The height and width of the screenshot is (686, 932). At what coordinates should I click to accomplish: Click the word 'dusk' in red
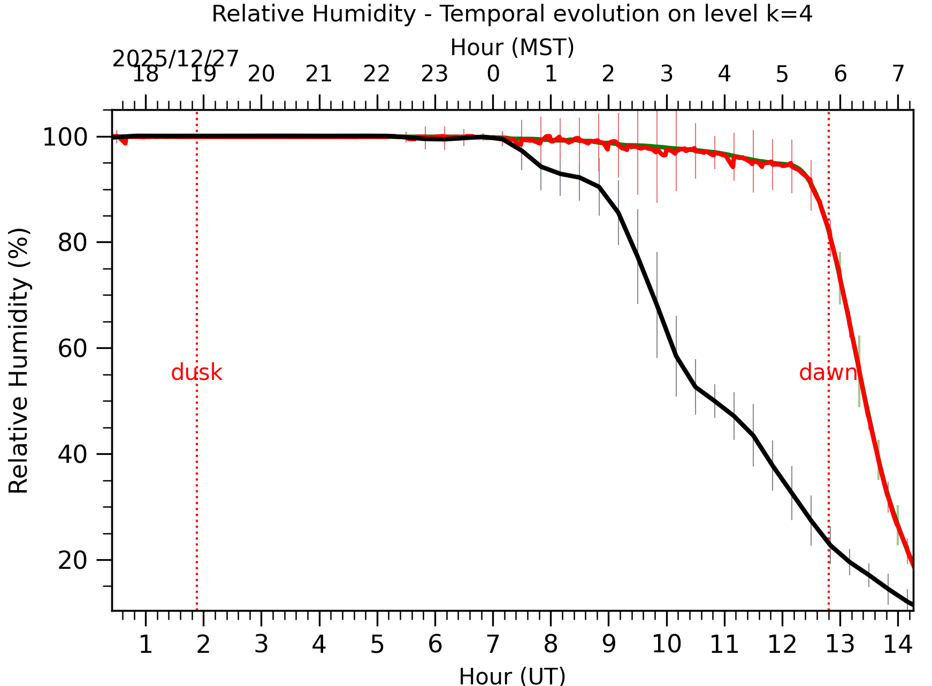click(x=196, y=372)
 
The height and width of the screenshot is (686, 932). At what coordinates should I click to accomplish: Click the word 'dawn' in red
click(x=828, y=372)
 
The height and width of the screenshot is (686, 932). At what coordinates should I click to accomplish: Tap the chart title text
click(x=512, y=14)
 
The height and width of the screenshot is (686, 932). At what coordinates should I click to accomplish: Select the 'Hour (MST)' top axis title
click(x=512, y=48)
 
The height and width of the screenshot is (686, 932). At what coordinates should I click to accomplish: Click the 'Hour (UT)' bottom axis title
click(x=512, y=676)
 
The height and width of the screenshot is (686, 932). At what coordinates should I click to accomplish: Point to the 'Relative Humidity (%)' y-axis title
click(x=19, y=360)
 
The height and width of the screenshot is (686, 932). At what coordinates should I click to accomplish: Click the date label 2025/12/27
click(x=175, y=59)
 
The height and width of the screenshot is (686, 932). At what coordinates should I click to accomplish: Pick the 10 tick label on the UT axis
click(x=666, y=644)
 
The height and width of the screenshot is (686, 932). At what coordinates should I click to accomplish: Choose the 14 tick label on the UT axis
click(x=897, y=644)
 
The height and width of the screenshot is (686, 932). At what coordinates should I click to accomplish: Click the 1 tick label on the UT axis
click(x=146, y=644)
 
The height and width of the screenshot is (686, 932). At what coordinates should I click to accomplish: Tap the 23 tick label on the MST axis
click(x=434, y=74)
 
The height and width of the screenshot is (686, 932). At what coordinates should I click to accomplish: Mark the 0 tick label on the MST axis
click(x=493, y=74)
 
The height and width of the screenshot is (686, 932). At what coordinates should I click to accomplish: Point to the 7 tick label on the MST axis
click(x=898, y=74)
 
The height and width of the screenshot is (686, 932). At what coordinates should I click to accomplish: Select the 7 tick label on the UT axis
click(x=493, y=644)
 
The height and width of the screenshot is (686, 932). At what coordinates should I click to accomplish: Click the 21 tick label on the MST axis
click(x=319, y=74)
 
